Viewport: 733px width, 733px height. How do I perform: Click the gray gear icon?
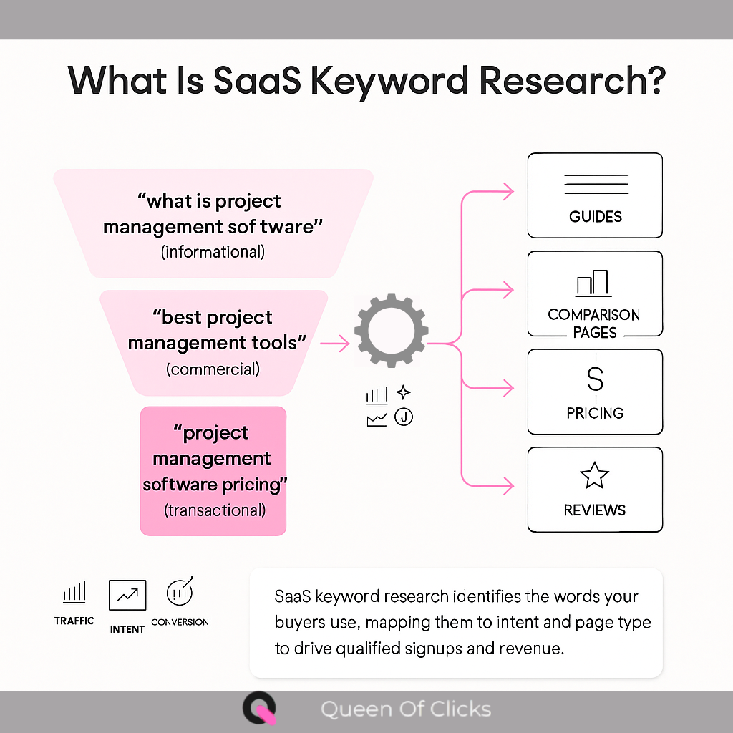(392, 330)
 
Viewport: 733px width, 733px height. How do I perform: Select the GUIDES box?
(595, 195)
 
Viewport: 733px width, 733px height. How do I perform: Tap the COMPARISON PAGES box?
(595, 293)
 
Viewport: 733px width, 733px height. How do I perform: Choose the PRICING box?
(595, 392)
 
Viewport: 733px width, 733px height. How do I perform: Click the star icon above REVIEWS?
(595, 476)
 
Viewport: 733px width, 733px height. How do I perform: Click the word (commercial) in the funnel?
(213, 369)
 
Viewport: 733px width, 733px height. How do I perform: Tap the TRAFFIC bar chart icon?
(74, 593)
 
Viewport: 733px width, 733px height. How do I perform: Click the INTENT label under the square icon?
(127, 629)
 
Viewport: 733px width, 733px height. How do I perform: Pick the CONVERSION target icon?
(180, 591)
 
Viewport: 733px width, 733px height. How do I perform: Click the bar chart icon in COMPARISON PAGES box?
(593, 283)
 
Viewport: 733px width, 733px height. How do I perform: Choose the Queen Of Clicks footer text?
(406, 709)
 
